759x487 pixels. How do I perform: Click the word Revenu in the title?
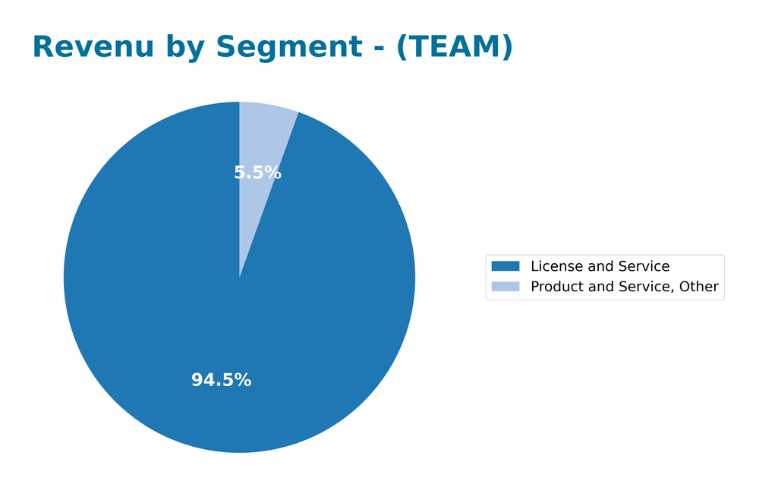[x=82, y=47]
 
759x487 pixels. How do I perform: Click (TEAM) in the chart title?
[x=454, y=47]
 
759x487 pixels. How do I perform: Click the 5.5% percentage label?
[x=257, y=173]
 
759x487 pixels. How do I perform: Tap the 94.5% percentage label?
[x=221, y=381]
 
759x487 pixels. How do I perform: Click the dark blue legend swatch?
[x=505, y=266]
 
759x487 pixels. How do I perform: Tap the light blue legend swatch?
[x=505, y=287]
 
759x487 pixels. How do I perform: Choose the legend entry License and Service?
[x=600, y=266]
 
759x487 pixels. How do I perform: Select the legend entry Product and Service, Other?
[x=624, y=287]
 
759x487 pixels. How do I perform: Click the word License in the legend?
[x=553, y=266]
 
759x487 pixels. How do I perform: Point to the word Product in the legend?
[x=556, y=287]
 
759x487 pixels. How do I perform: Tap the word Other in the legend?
[x=700, y=287]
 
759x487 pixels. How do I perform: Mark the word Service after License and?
[x=644, y=266]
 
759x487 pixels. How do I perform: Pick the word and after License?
[x=597, y=266]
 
